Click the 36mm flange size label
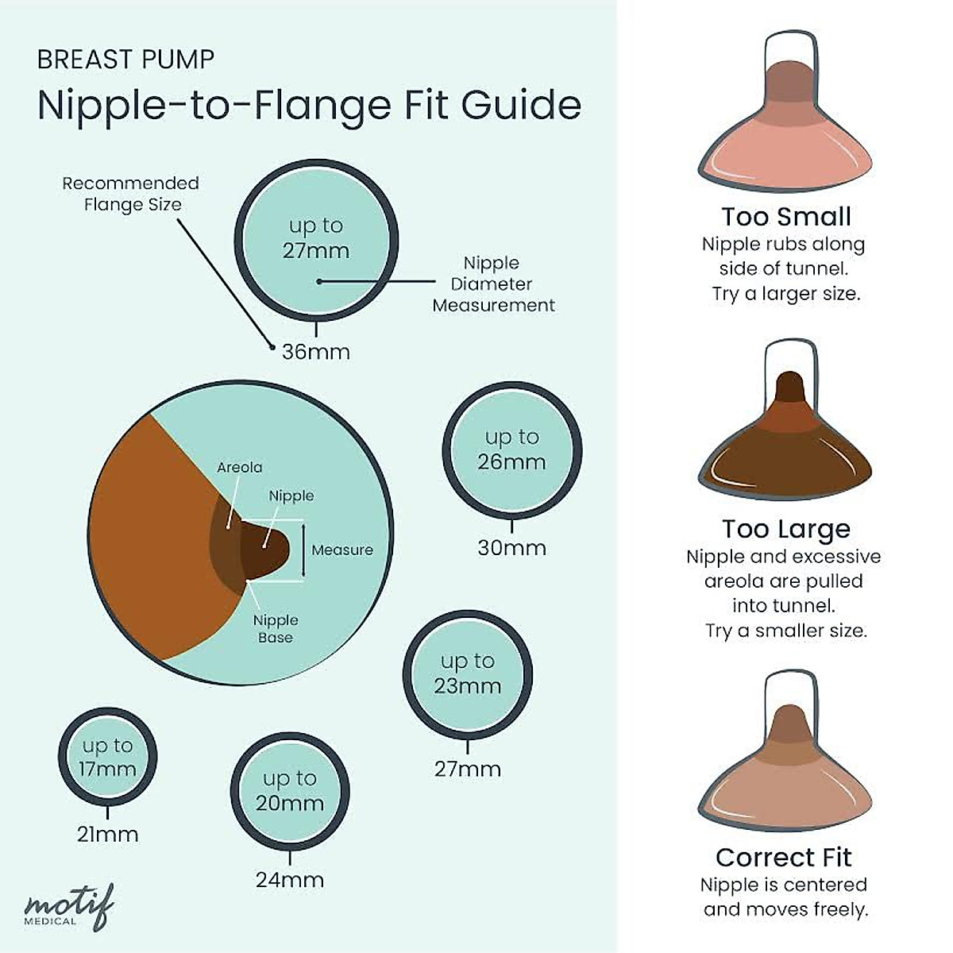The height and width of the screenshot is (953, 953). (x=316, y=352)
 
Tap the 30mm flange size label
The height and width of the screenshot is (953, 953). (x=511, y=548)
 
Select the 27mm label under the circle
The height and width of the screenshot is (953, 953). (x=467, y=769)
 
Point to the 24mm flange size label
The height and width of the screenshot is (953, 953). (x=290, y=880)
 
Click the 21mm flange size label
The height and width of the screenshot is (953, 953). (x=108, y=835)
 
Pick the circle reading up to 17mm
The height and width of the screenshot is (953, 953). (x=108, y=757)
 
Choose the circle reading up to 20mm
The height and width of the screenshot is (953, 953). (x=290, y=790)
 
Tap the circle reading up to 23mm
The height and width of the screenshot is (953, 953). (x=467, y=673)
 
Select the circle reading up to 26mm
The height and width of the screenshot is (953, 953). (x=511, y=449)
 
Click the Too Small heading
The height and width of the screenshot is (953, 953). (x=786, y=217)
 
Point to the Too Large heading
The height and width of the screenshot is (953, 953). (x=786, y=529)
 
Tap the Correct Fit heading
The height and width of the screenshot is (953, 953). (x=783, y=858)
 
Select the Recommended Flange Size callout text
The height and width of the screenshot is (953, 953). (x=131, y=194)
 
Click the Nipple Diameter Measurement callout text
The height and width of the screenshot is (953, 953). (x=493, y=284)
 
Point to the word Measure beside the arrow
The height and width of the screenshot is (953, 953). (x=342, y=550)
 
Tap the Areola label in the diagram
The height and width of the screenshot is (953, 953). (x=239, y=468)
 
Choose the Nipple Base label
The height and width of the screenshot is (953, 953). (x=276, y=629)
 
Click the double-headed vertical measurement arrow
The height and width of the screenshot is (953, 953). (x=303, y=550)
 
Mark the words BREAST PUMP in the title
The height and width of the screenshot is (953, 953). (x=125, y=60)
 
